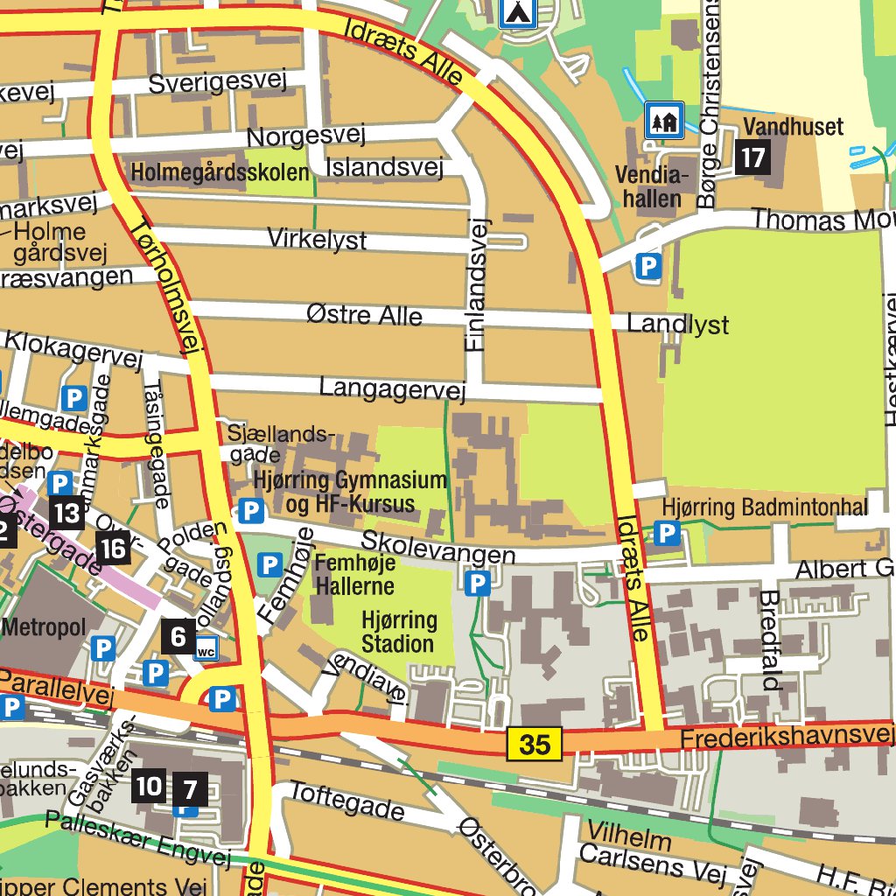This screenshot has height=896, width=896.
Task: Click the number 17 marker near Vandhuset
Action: tap(752, 157)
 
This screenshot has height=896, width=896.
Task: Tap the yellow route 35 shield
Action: tap(534, 745)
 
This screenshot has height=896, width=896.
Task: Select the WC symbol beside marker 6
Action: tap(206, 649)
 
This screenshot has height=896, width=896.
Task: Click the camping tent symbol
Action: tap(518, 12)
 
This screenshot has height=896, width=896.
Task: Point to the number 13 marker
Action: tap(67, 513)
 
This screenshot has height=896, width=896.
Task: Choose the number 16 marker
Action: tap(114, 549)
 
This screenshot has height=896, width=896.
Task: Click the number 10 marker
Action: tap(149, 787)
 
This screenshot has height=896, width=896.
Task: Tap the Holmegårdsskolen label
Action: tap(220, 173)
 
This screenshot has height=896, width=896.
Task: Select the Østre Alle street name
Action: tap(365, 315)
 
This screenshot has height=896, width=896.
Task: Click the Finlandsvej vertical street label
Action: tap(476, 284)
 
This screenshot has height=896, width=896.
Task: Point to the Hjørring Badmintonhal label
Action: tap(765, 507)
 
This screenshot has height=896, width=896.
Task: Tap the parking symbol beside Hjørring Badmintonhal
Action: tap(667, 532)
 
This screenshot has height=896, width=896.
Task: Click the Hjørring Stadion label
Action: tap(398, 633)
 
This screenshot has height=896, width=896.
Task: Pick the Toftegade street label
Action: tap(347, 802)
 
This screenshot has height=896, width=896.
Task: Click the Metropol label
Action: tap(44, 627)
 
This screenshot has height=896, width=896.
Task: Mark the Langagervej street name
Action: tap(392, 388)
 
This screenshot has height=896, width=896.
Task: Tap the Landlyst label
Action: tap(678, 325)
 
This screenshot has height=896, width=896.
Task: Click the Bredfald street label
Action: tap(771, 640)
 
